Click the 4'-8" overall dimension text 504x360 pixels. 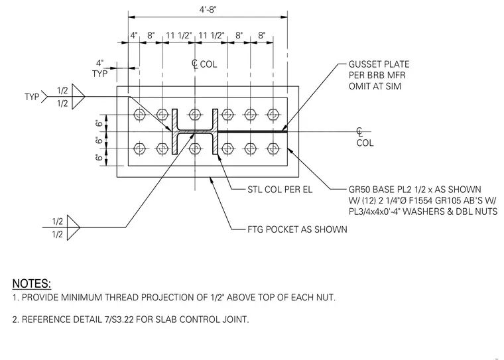pyautogui.click(x=208, y=10)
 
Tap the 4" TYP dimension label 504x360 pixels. pyautogui.click(x=100, y=68)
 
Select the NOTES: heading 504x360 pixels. pyautogui.click(x=32, y=284)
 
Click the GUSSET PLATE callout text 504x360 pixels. pyautogui.click(x=379, y=75)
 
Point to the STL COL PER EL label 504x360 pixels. pyautogui.click(x=280, y=190)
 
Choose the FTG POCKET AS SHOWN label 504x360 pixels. pyautogui.click(x=297, y=229)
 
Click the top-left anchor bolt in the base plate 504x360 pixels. pyautogui.click(x=139, y=115)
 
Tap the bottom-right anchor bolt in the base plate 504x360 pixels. pyautogui.click(x=273, y=149)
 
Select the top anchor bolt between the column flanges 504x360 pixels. pyautogui.click(x=195, y=115)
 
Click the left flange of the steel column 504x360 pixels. pyautogui.click(x=174, y=131)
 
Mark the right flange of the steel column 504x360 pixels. pyautogui.click(x=215, y=131)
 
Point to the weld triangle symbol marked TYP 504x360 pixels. pyautogui.click(x=78, y=96)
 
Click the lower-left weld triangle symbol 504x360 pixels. pyautogui.click(x=74, y=227)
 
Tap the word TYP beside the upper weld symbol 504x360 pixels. pyautogui.click(x=32, y=96)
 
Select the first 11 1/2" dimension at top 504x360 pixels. pyautogui.click(x=178, y=35)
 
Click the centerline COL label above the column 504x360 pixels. pyautogui.click(x=204, y=64)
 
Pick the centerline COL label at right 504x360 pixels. pyautogui.click(x=365, y=138)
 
